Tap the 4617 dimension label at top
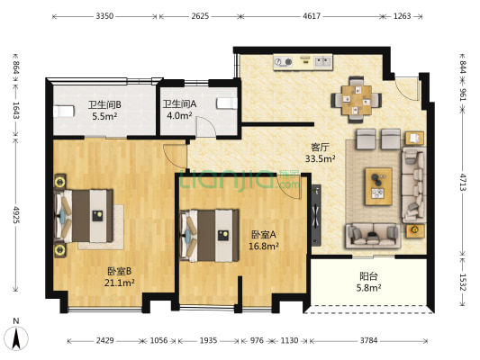[312, 16]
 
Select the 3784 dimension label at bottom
[368, 340]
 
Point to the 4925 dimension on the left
[16, 215]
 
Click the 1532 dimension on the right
[463, 282]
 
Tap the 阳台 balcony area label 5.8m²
[368, 288]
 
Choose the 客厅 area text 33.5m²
[320, 158]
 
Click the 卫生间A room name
[179, 104]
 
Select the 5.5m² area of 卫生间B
[104, 116]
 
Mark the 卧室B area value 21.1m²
[120, 283]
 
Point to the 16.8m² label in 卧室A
[263, 247]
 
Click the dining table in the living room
[357, 100]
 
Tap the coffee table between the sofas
[378, 186]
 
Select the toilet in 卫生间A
[227, 103]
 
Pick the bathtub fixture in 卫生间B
[64, 112]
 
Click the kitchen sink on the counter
[322, 62]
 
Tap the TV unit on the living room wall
[316, 215]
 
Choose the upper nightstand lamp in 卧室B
[60, 183]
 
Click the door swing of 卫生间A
[206, 126]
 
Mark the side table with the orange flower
[415, 231]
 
